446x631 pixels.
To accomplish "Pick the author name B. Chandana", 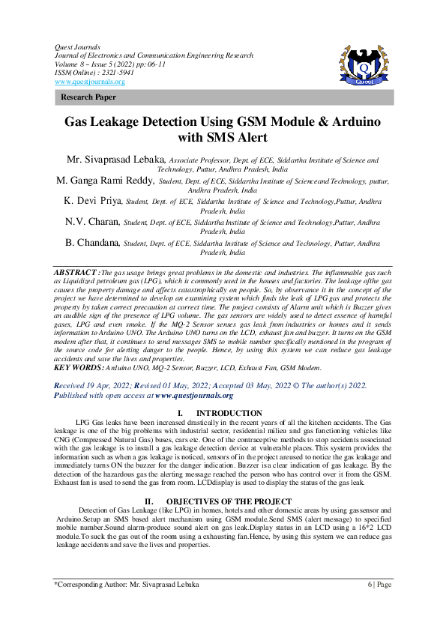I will (x=92, y=243).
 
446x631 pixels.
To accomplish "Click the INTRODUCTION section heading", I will (x=229, y=414).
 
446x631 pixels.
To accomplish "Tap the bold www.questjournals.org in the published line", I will (x=194, y=395).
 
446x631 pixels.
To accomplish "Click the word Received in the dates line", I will (x=72, y=385).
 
